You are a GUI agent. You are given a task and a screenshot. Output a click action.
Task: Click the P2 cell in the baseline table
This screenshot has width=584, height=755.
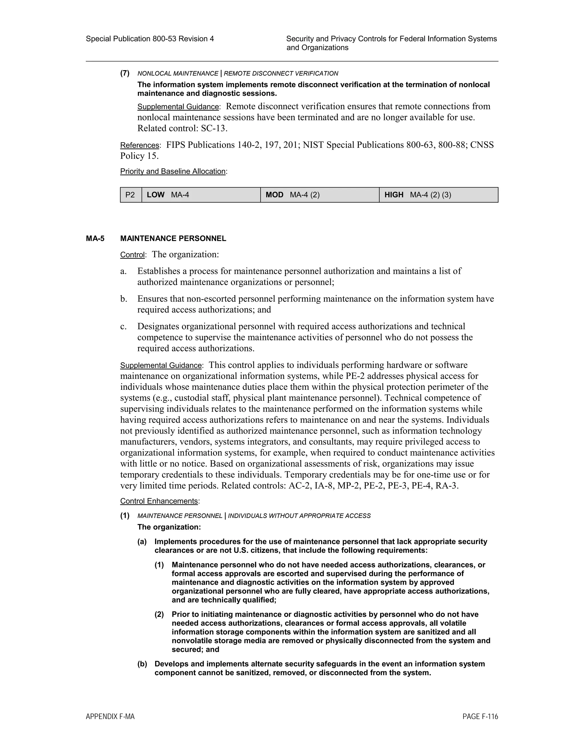[130, 195]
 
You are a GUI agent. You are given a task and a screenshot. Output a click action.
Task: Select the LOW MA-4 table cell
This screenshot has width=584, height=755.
[201, 195]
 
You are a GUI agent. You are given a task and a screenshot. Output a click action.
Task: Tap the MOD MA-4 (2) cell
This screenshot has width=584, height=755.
[319, 195]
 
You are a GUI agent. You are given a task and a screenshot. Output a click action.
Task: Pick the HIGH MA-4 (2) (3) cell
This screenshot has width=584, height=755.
[438, 195]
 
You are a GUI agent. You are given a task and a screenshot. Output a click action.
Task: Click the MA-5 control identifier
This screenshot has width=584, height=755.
[95, 238]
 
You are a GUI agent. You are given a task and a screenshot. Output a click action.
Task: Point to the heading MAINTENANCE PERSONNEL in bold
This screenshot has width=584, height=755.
[173, 238]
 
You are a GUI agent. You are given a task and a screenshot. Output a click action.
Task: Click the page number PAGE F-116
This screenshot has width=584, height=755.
[480, 717]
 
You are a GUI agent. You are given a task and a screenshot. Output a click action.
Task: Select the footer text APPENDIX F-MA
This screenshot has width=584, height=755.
[110, 717]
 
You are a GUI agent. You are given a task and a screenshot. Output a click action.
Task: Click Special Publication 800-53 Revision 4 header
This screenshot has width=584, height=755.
[150, 39]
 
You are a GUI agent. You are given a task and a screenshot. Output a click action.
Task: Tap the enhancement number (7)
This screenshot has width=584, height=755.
[125, 73]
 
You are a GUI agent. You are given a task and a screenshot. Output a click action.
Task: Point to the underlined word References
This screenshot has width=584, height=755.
[139, 145]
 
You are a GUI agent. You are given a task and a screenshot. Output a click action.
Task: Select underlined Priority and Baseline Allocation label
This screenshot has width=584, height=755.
[173, 172]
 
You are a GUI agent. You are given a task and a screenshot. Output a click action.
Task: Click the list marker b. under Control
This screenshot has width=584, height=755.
[123, 299]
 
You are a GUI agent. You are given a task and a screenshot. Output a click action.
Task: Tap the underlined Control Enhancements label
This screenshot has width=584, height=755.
[159, 501]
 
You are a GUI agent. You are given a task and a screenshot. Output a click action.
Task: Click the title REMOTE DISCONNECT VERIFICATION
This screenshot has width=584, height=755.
[281, 73]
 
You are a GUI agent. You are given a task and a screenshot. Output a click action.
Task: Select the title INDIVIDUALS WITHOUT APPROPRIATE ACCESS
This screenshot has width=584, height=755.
[299, 516]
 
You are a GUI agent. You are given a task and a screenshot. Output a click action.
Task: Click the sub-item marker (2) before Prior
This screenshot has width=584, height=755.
[159, 614]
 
